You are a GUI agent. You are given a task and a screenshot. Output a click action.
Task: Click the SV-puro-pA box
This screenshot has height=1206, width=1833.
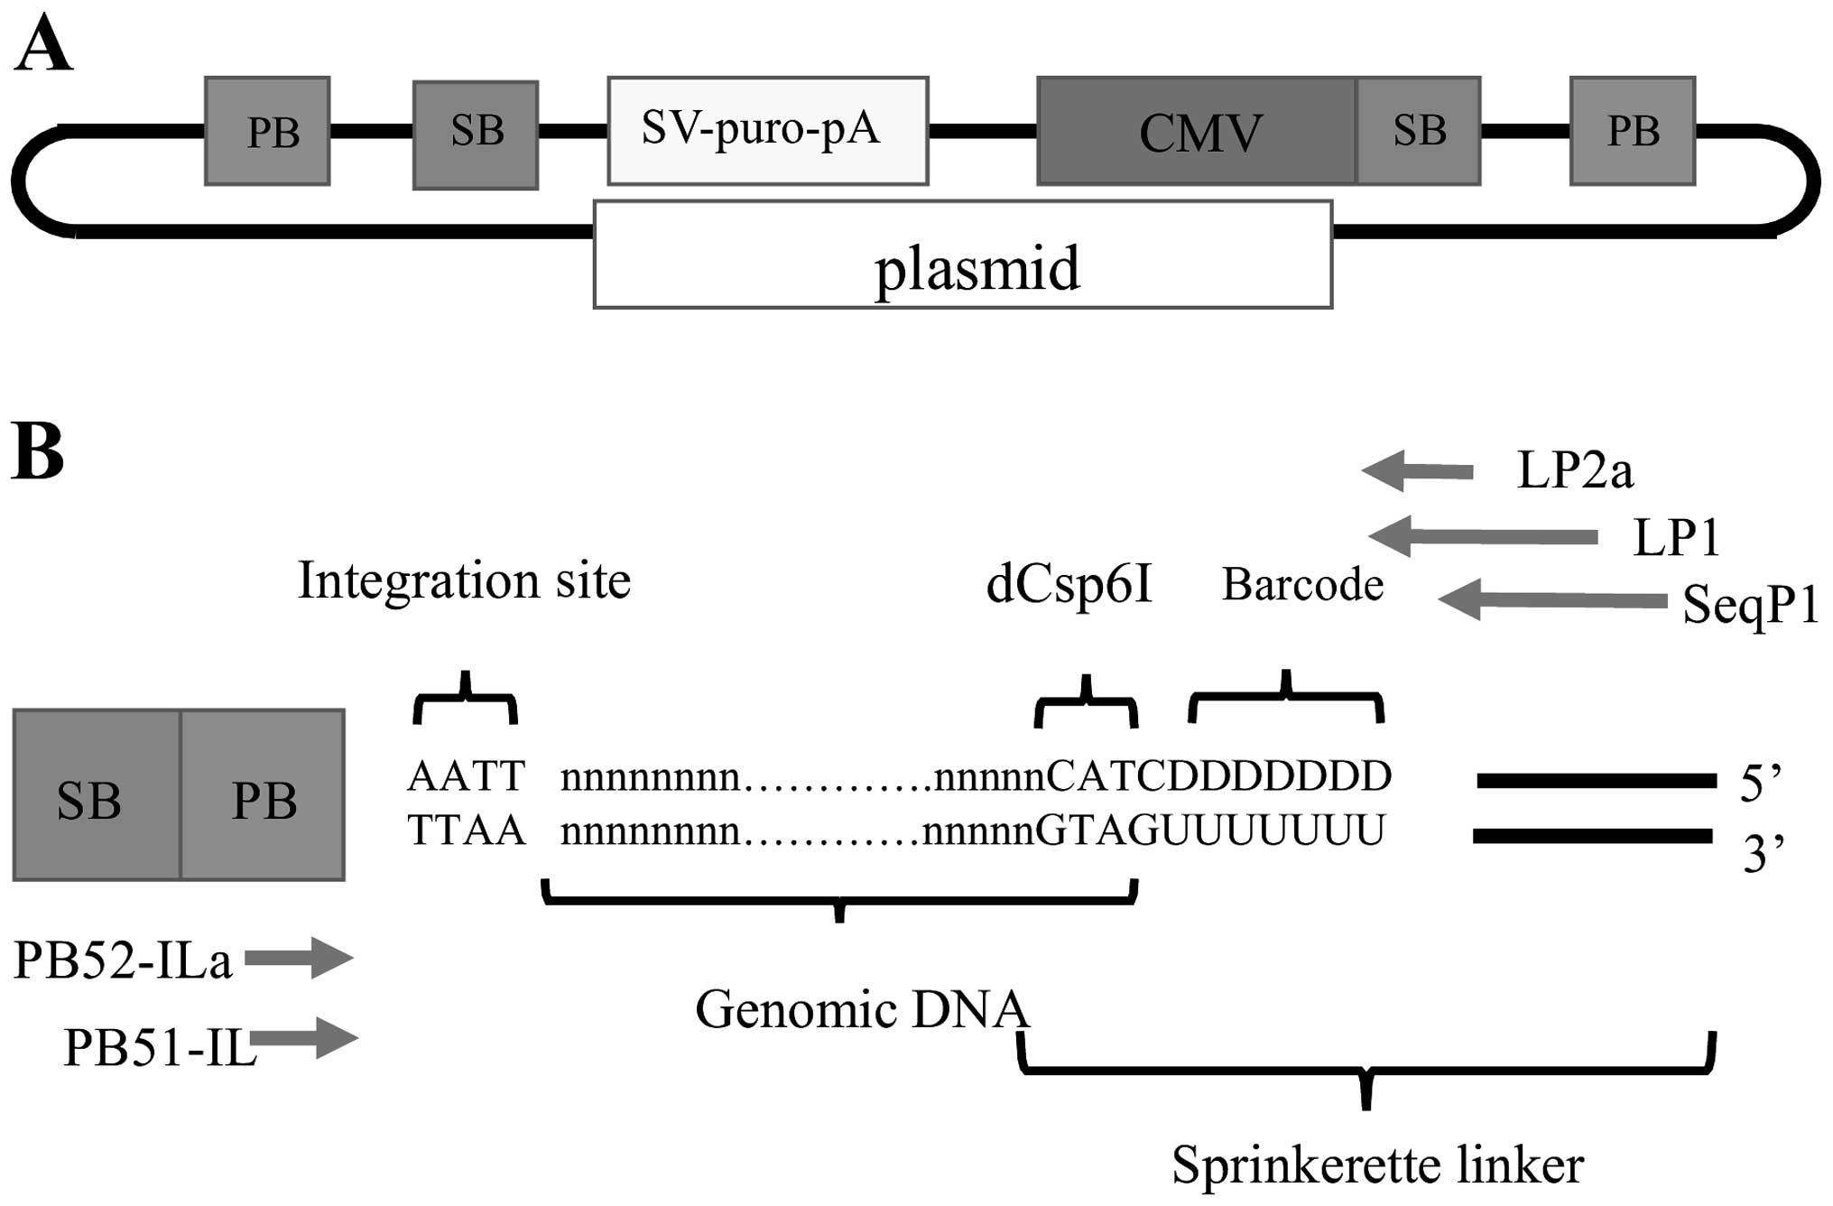[767, 131]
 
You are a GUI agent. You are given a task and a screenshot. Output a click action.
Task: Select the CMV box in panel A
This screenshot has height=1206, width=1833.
[1197, 132]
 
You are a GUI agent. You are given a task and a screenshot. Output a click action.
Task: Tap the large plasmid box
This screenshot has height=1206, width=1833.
[962, 255]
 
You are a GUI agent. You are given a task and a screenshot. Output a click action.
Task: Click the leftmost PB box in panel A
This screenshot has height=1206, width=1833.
[267, 132]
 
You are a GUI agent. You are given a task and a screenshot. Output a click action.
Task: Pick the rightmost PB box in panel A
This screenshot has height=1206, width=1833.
[1633, 132]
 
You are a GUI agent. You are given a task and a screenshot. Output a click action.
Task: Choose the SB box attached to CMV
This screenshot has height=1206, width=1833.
[1419, 132]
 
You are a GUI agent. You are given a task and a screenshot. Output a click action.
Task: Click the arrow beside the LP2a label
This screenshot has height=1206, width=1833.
[1417, 471]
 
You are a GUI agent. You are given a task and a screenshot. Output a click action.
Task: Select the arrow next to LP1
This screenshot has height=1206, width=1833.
[1482, 536]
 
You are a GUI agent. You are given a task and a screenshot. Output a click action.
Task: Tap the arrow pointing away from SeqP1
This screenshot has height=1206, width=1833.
[1551, 600]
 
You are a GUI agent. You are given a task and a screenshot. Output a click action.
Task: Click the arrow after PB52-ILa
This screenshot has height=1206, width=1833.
[299, 958]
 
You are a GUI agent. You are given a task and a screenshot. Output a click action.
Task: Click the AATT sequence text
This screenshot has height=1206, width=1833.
[466, 776]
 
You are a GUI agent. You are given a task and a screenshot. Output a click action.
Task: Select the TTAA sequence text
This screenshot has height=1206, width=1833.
[466, 830]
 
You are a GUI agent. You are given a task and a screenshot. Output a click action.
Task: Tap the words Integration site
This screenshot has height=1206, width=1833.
[464, 580]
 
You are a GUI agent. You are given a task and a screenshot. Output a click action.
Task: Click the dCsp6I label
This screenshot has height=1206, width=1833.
[1069, 585]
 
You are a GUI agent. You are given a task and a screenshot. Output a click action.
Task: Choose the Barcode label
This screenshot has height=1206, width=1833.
[1302, 585]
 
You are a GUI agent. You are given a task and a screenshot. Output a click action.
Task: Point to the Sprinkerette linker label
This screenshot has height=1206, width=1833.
[1377, 1164]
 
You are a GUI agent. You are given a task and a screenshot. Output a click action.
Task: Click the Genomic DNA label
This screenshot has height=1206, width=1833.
[862, 1009]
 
